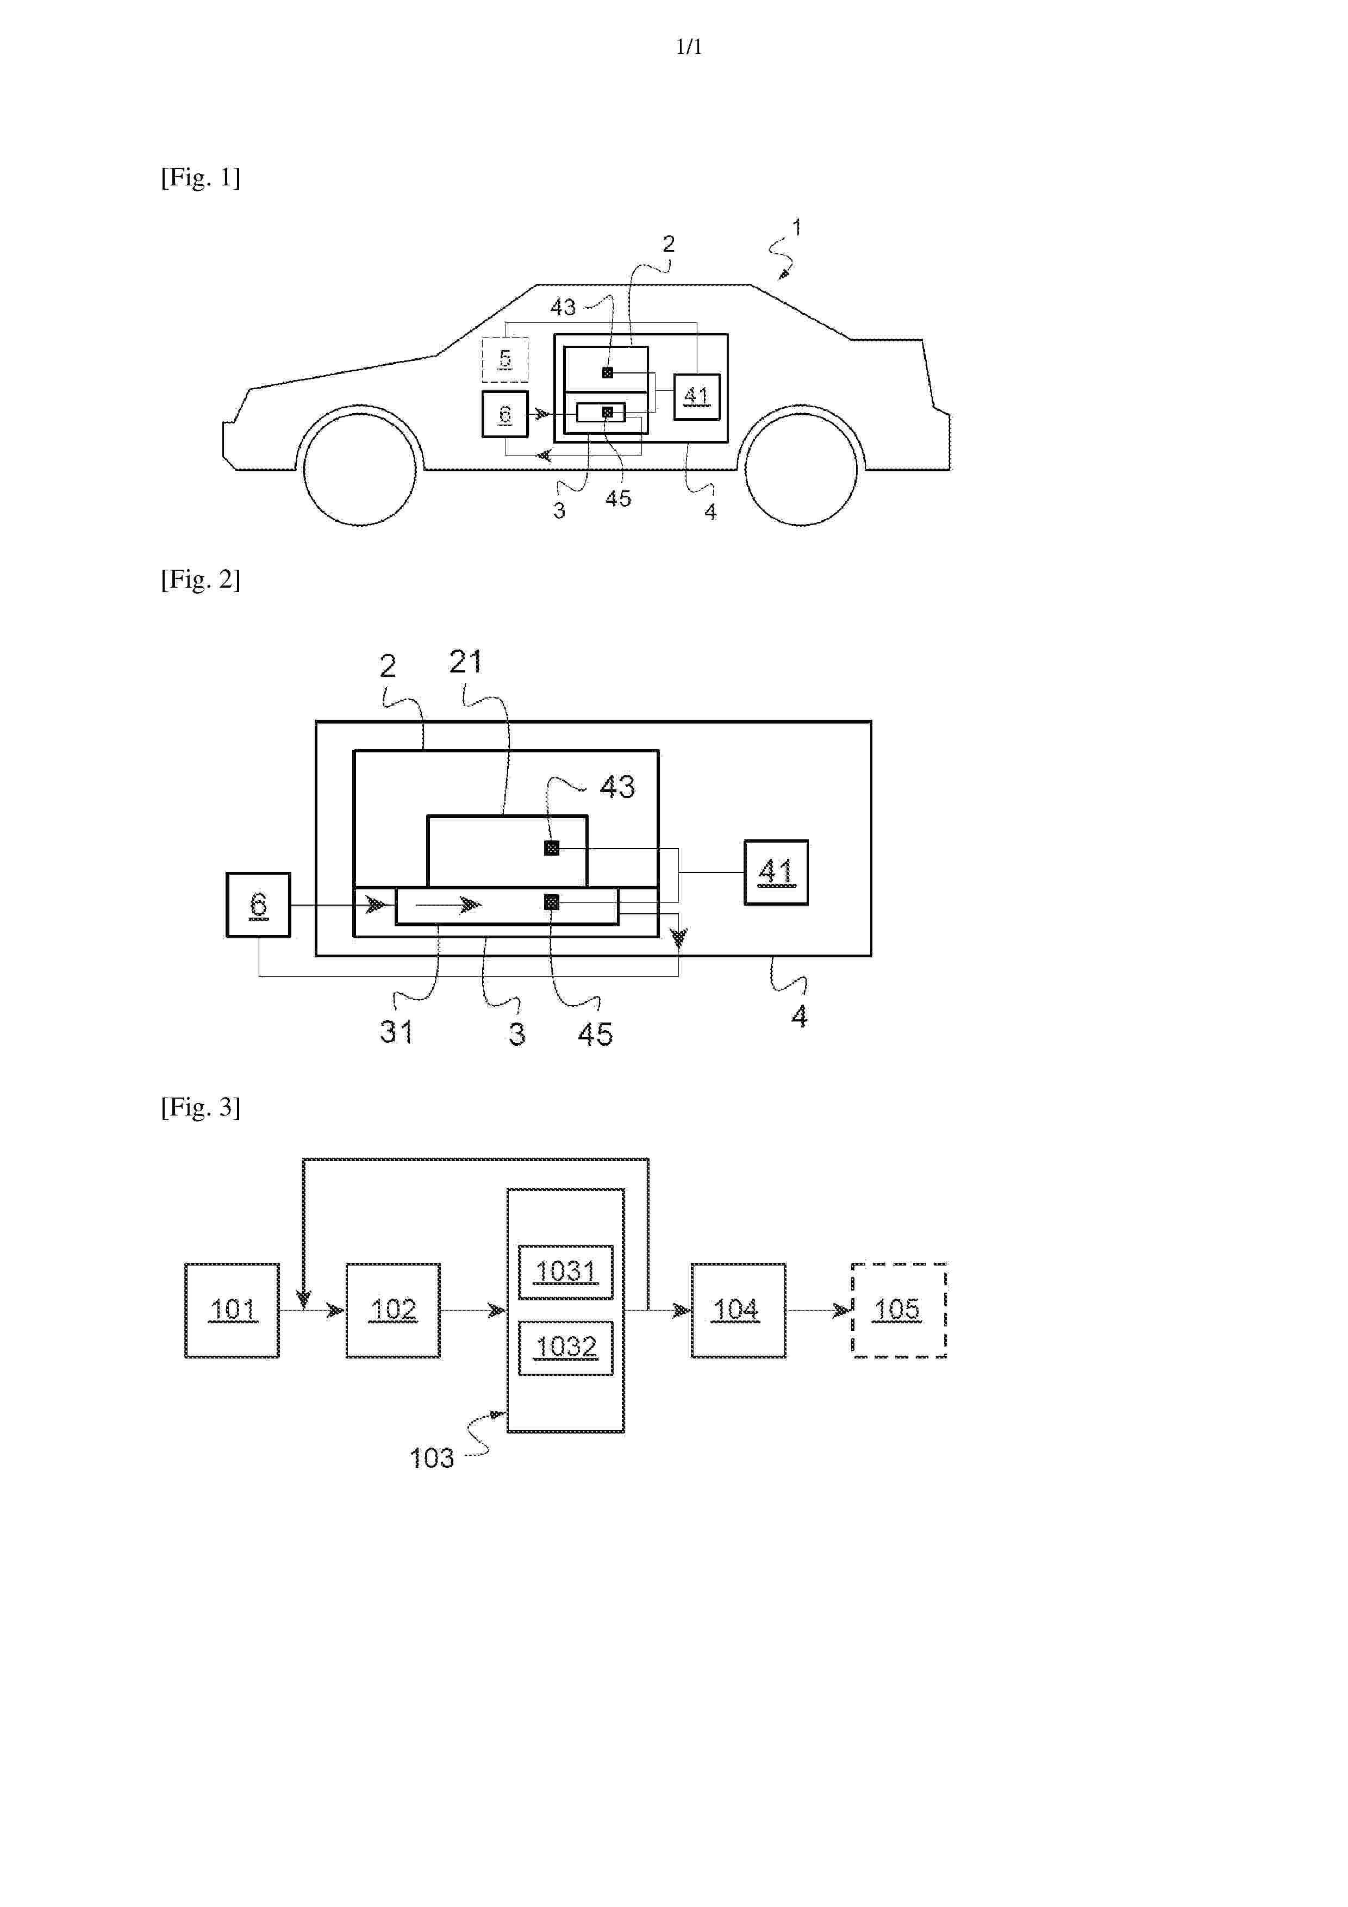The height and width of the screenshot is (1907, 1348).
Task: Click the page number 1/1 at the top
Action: pos(689,47)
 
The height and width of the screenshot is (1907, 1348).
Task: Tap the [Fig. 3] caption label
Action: pos(201,1107)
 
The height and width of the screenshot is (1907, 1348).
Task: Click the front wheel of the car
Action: pos(360,469)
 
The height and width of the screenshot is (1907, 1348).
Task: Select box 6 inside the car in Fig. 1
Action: pos(505,414)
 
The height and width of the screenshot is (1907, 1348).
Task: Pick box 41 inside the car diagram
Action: pos(696,397)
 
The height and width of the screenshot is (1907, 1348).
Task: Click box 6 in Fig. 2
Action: pos(258,905)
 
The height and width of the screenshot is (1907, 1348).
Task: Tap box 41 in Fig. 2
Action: pos(776,872)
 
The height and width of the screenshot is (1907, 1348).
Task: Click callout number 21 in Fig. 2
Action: pos(465,662)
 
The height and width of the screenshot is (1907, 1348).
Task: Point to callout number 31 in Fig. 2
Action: pos(396,1032)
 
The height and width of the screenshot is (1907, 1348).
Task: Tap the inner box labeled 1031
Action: pos(566,1272)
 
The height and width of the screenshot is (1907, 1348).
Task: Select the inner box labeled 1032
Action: pos(566,1347)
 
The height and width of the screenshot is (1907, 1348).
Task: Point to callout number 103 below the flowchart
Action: pos(432,1457)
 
